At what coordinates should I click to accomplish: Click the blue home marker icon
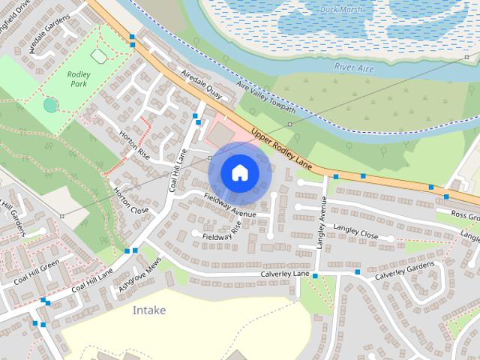tap(239, 172)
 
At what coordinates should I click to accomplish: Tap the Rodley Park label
tap(78, 79)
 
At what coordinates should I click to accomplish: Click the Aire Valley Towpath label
tap(265, 98)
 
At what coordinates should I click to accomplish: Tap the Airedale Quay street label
tap(200, 84)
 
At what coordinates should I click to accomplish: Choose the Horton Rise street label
tap(134, 145)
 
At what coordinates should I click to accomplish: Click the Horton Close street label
tap(130, 199)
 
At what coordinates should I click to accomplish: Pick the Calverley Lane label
tap(285, 274)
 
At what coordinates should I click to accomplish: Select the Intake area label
tap(149, 310)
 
